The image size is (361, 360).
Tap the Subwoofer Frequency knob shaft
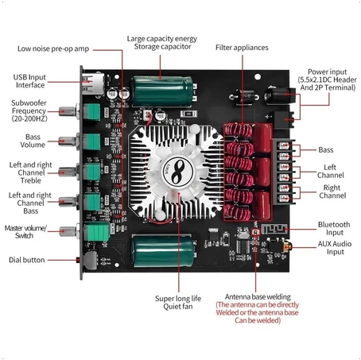click(68, 111)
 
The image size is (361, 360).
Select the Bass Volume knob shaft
click(68, 141)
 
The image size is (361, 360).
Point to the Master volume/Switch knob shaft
click(68, 231)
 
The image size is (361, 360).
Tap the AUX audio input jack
click(278, 246)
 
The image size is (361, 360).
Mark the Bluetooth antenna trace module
click(274, 229)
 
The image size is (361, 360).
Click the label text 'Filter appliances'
click(242, 48)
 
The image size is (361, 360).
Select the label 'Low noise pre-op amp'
click(53, 49)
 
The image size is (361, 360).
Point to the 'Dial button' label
click(27, 260)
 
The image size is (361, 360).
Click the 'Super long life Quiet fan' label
click(178, 303)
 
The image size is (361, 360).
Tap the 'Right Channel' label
click(332, 192)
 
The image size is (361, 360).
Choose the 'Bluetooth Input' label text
click(334, 228)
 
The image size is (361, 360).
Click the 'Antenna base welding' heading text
click(258, 296)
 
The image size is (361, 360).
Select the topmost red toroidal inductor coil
click(239, 130)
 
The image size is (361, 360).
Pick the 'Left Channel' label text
click(331, 171)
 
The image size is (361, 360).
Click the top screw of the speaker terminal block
click(284, 145)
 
